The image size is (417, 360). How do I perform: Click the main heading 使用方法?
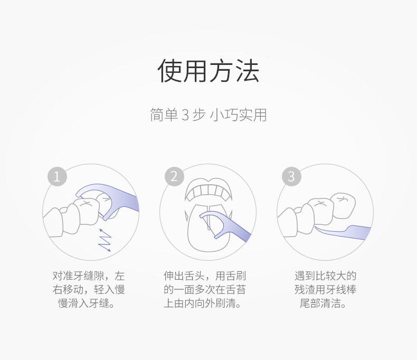(209, 71)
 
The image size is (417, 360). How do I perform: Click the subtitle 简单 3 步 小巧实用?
(209, 115)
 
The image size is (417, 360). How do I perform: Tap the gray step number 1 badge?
(57, 176)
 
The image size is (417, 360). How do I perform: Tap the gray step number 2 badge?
(174, 176)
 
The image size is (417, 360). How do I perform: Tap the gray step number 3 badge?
(291, 176)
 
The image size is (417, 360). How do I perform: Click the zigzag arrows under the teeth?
(105, 240)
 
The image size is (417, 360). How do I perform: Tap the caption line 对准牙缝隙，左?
(89, 276)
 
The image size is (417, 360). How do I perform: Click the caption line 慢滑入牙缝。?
(87, 304)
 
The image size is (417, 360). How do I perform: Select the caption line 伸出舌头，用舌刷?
(205, 276)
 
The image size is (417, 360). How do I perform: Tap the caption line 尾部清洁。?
(323, 304)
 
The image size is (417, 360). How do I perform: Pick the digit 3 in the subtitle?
(185, 115)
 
